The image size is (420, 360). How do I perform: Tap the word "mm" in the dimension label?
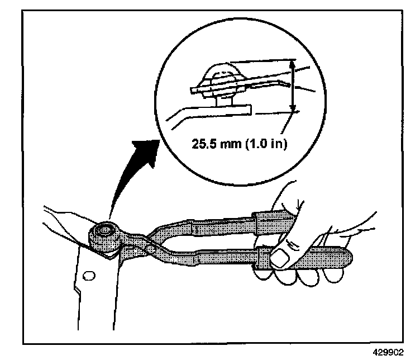click(x=231, y=144)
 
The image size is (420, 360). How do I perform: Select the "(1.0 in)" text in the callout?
click(x=265, y=144)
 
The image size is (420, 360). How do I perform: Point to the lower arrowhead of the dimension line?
click(x=292, y=110)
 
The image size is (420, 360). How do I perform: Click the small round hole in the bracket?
click(x=87, y=275)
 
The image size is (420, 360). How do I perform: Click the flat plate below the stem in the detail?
click(x=212, y=110)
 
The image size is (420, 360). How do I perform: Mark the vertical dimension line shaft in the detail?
click(x=292, y=87)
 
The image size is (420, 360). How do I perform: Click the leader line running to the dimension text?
click(x=285, y=126)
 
